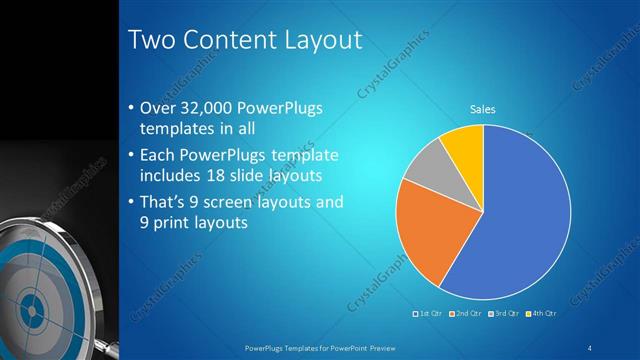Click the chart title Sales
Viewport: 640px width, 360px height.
coord(483,109)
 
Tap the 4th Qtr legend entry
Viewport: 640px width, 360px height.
coord(540,314)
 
